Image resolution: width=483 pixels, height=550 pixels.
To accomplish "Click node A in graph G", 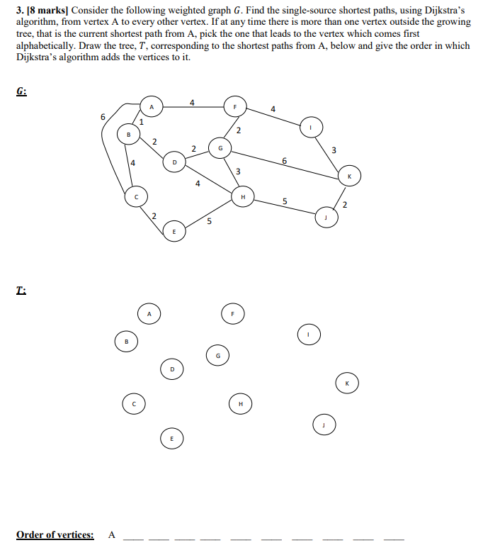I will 149,107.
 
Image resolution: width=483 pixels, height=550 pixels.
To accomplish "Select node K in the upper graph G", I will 348,176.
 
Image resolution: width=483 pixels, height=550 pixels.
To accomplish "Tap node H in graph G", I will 242,196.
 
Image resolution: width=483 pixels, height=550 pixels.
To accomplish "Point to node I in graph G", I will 309,127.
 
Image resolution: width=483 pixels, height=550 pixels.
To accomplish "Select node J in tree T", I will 323,425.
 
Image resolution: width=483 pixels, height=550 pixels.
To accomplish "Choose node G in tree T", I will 218,355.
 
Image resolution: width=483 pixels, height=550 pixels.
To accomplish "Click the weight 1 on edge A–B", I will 141,122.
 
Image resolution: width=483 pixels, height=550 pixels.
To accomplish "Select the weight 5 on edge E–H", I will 209,221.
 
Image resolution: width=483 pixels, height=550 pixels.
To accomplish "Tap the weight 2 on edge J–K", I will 345,206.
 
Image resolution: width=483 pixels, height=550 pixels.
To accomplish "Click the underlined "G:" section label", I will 21,91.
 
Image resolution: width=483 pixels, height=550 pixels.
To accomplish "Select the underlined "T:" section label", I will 21,291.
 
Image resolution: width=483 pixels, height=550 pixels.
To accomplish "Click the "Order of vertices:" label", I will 55,534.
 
